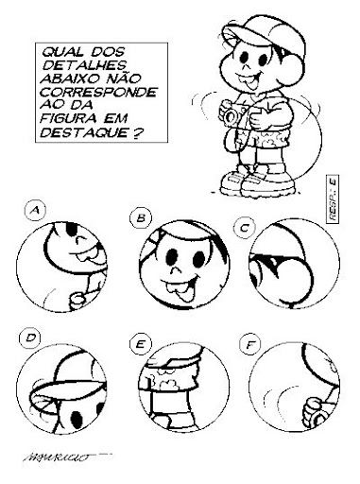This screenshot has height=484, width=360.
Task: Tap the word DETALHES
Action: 84,65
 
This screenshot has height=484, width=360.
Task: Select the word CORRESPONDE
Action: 98,92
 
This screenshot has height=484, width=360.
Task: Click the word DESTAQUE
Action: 83,132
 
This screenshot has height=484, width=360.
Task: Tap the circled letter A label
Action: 35,210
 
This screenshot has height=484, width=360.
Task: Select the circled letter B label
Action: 141,218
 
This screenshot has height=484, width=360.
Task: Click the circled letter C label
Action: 244,228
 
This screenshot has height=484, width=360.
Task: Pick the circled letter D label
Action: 29,338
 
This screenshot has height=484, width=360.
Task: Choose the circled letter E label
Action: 141,344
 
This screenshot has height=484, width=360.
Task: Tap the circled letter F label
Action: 249,345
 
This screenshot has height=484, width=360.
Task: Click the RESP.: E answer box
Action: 333,199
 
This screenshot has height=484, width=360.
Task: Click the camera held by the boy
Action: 234,114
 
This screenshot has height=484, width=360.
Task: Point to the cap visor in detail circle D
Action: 68,390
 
